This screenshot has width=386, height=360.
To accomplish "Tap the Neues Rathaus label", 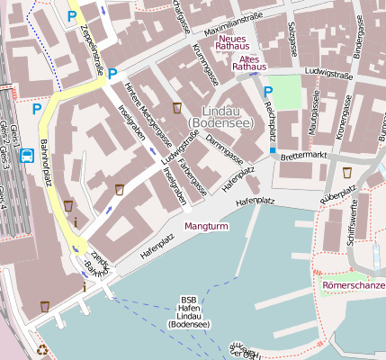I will [233, 42].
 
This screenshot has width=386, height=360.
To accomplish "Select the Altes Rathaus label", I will [249, 62].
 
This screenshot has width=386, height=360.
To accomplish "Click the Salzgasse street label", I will [293, 36].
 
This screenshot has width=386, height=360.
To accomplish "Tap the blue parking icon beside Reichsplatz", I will [268, 91].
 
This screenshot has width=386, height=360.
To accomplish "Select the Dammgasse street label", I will [223, 140].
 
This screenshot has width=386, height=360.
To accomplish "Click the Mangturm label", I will [206, 226].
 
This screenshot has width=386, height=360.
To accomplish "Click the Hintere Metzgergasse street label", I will [148, 117].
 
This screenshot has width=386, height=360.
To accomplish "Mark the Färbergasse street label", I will [193, 176].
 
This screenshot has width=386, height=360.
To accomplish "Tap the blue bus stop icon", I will [27, 156].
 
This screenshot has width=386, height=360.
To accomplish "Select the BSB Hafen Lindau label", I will [189, 311].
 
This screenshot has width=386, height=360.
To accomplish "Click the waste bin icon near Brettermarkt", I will [346, 172].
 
